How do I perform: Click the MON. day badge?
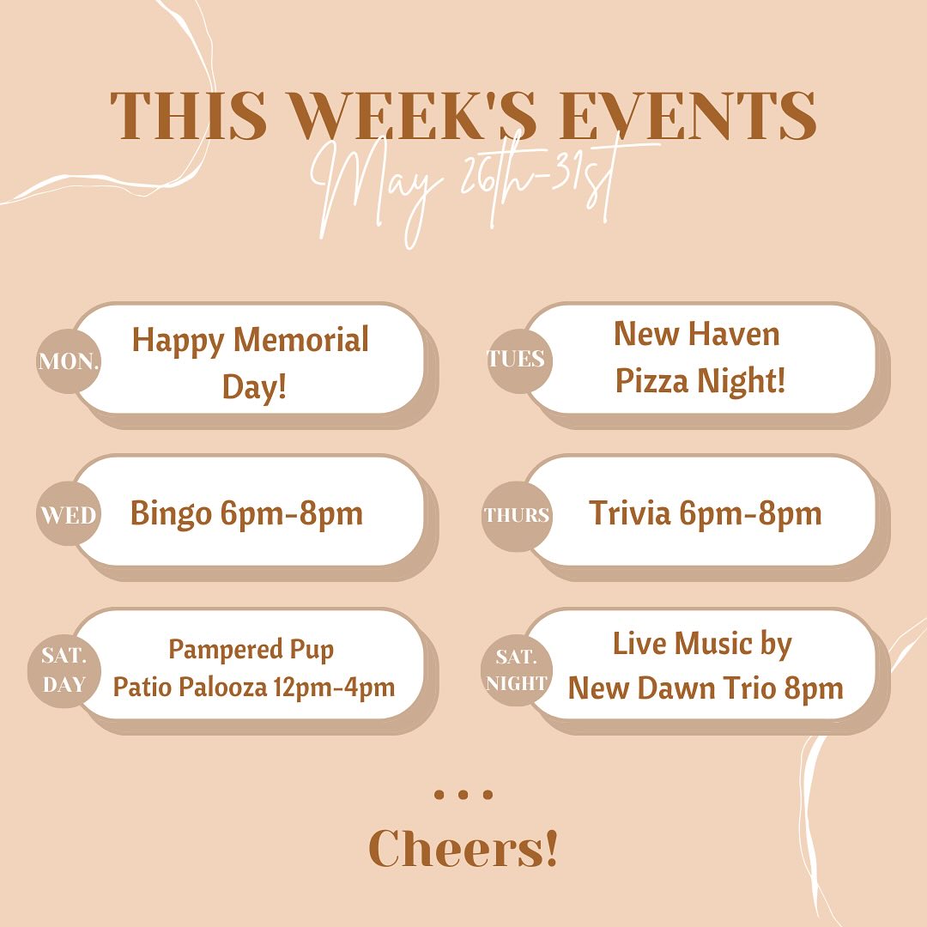tap(69, 361)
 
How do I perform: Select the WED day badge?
tap(69, 514)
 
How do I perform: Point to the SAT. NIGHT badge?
tap(517, 670)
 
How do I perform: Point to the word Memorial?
tap(301, 339)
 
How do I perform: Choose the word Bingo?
tap(171, 514)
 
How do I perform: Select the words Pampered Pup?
tap(251, 650)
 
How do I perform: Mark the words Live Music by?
tap(702, 645)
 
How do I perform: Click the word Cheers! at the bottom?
tap(463, 848)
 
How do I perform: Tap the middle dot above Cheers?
tap(463, 795)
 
